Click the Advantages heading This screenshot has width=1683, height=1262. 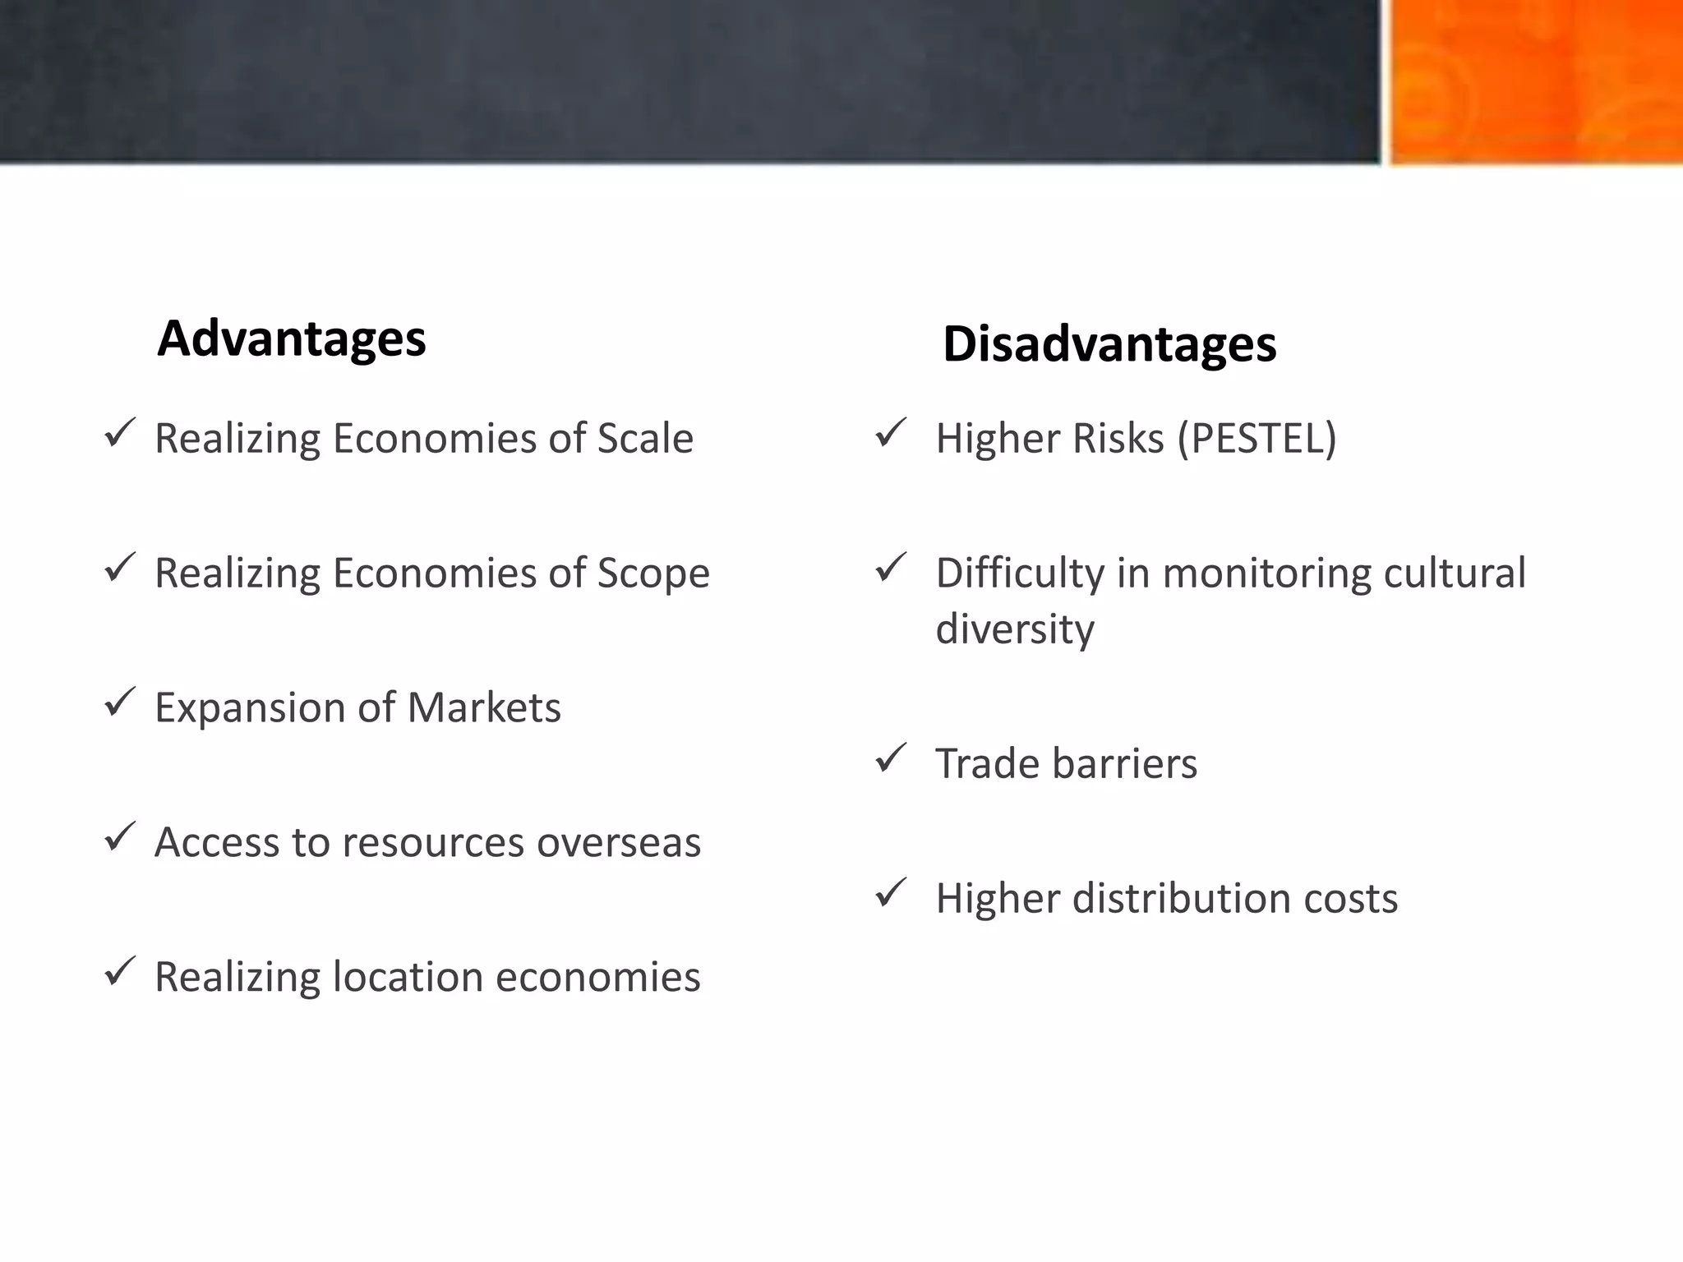[292, 339]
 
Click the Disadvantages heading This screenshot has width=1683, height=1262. [1109, 343]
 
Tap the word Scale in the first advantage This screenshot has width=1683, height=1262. [645, 438]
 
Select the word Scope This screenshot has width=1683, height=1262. [653, 573]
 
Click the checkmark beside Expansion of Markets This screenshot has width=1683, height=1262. [120, 702]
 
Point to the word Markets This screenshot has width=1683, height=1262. [484, 707]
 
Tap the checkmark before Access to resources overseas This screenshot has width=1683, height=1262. [120, 837]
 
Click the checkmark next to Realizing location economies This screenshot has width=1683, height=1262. [120, 972]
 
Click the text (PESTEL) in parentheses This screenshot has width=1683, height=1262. [1256, 438]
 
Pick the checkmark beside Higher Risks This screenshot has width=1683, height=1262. [891, 433]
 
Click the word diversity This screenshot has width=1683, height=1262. [1015, 629]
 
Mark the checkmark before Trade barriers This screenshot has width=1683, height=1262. [891, 758]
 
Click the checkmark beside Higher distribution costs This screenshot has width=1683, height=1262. [891, 893]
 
